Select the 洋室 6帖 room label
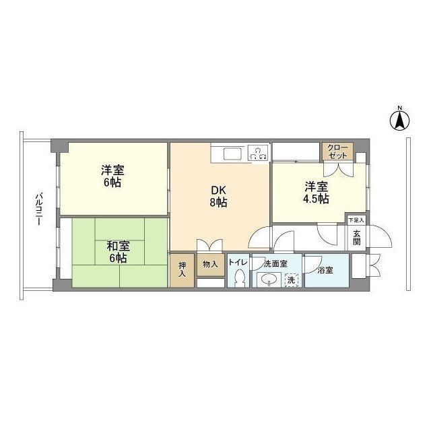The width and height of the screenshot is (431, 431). (112, 177)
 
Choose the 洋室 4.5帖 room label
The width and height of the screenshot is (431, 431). (316, 193)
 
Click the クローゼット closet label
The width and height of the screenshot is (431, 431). (337, 151)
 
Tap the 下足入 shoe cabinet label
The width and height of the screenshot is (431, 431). (356, 220)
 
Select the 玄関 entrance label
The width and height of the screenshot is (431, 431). (356, 238)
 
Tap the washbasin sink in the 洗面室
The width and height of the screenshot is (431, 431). (269, 280)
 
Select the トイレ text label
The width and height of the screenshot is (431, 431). (237, 263)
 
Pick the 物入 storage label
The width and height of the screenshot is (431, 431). (210, 265)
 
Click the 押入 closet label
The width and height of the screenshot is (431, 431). (182, 270)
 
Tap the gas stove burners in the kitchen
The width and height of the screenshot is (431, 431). (257, 154)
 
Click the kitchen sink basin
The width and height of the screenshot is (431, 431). (226, 153)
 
